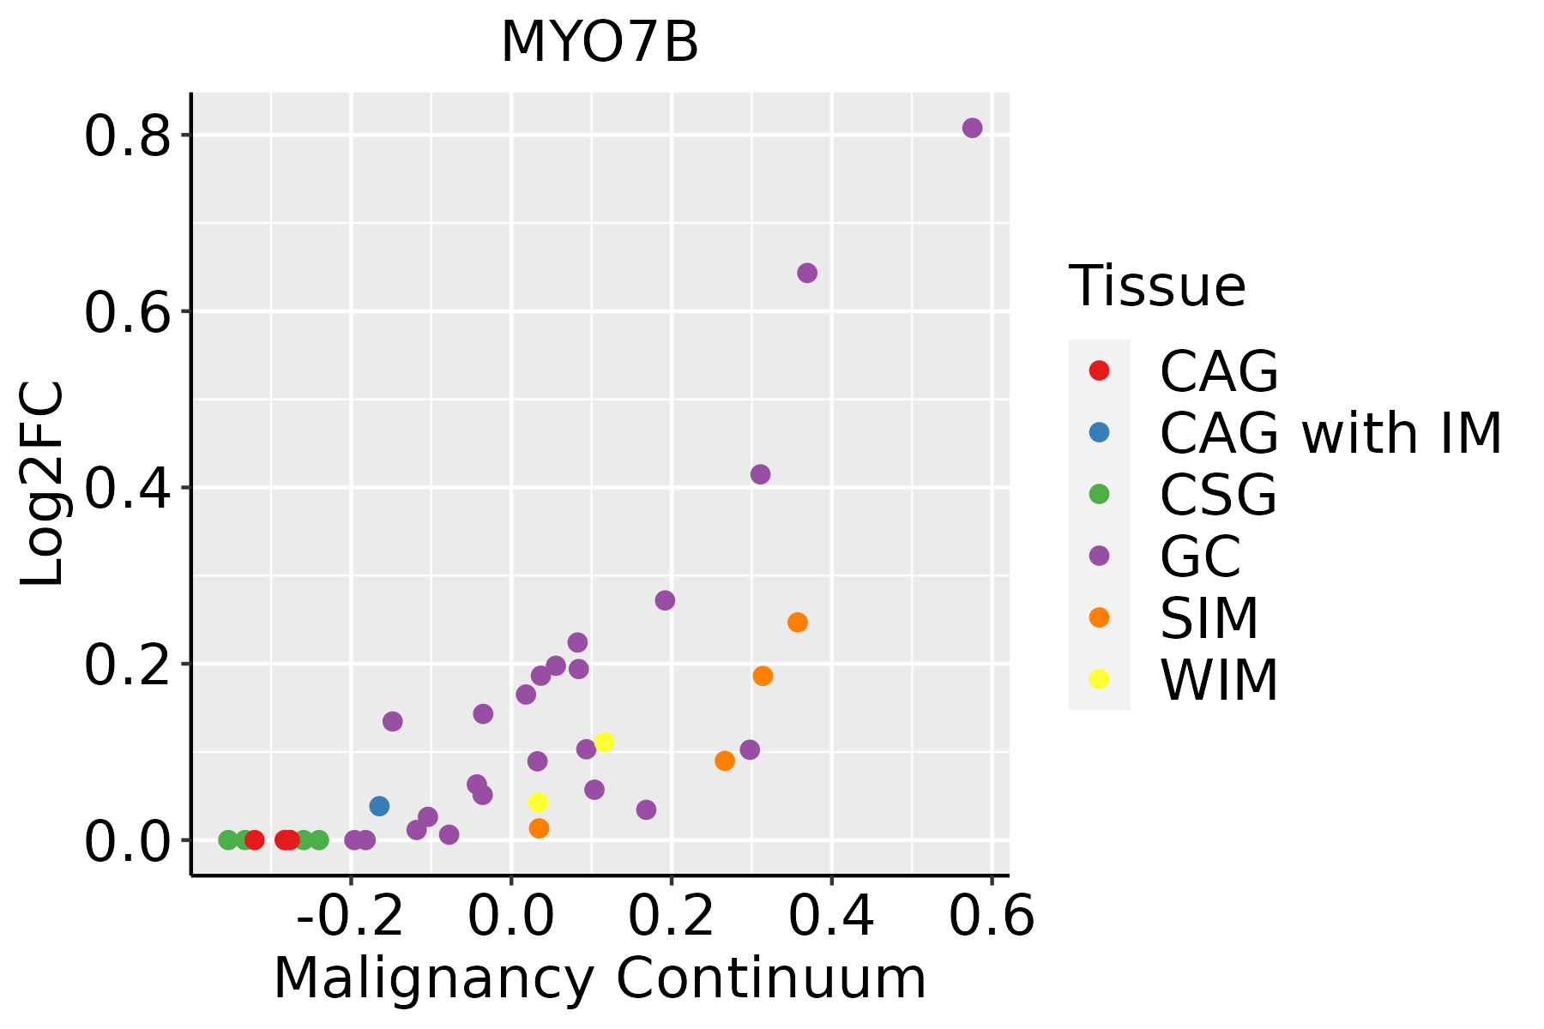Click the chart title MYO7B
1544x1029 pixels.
[x=600, y=43]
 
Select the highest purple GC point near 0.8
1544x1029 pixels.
[x=972, y=128]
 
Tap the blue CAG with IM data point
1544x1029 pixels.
[x=379, y=806]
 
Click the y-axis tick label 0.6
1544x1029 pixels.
[x=128, y=313]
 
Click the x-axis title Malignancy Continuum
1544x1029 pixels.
[x=600, y=979]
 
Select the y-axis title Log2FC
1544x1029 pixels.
[x=43, y=484]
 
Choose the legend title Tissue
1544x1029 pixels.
[x=1157, y=286]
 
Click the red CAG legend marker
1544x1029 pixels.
[x=1099, y=370]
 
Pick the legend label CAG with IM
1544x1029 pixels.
[x=1330, y=434]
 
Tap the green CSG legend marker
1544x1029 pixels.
[x=1099, y=494]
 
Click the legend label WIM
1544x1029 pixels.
[x=1219, y=681]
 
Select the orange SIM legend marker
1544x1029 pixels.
[x=1099, y=617]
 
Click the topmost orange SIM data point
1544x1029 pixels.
[x=798, y=623]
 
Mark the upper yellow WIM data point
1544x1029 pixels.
[x=604, y=743]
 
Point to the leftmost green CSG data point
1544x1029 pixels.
[x=228, y=839]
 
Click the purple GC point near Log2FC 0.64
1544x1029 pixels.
[x=807, y=274]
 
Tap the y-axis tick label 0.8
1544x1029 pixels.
[x=128, y=137]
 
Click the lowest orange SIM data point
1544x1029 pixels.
[x=539, y=828]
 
